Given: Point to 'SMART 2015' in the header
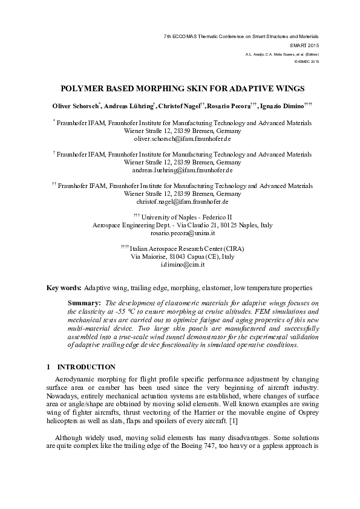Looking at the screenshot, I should pyautogui.click(x=304, y=45).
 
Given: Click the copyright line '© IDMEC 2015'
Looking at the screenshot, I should pyautogui.click(x=306, y=62).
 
